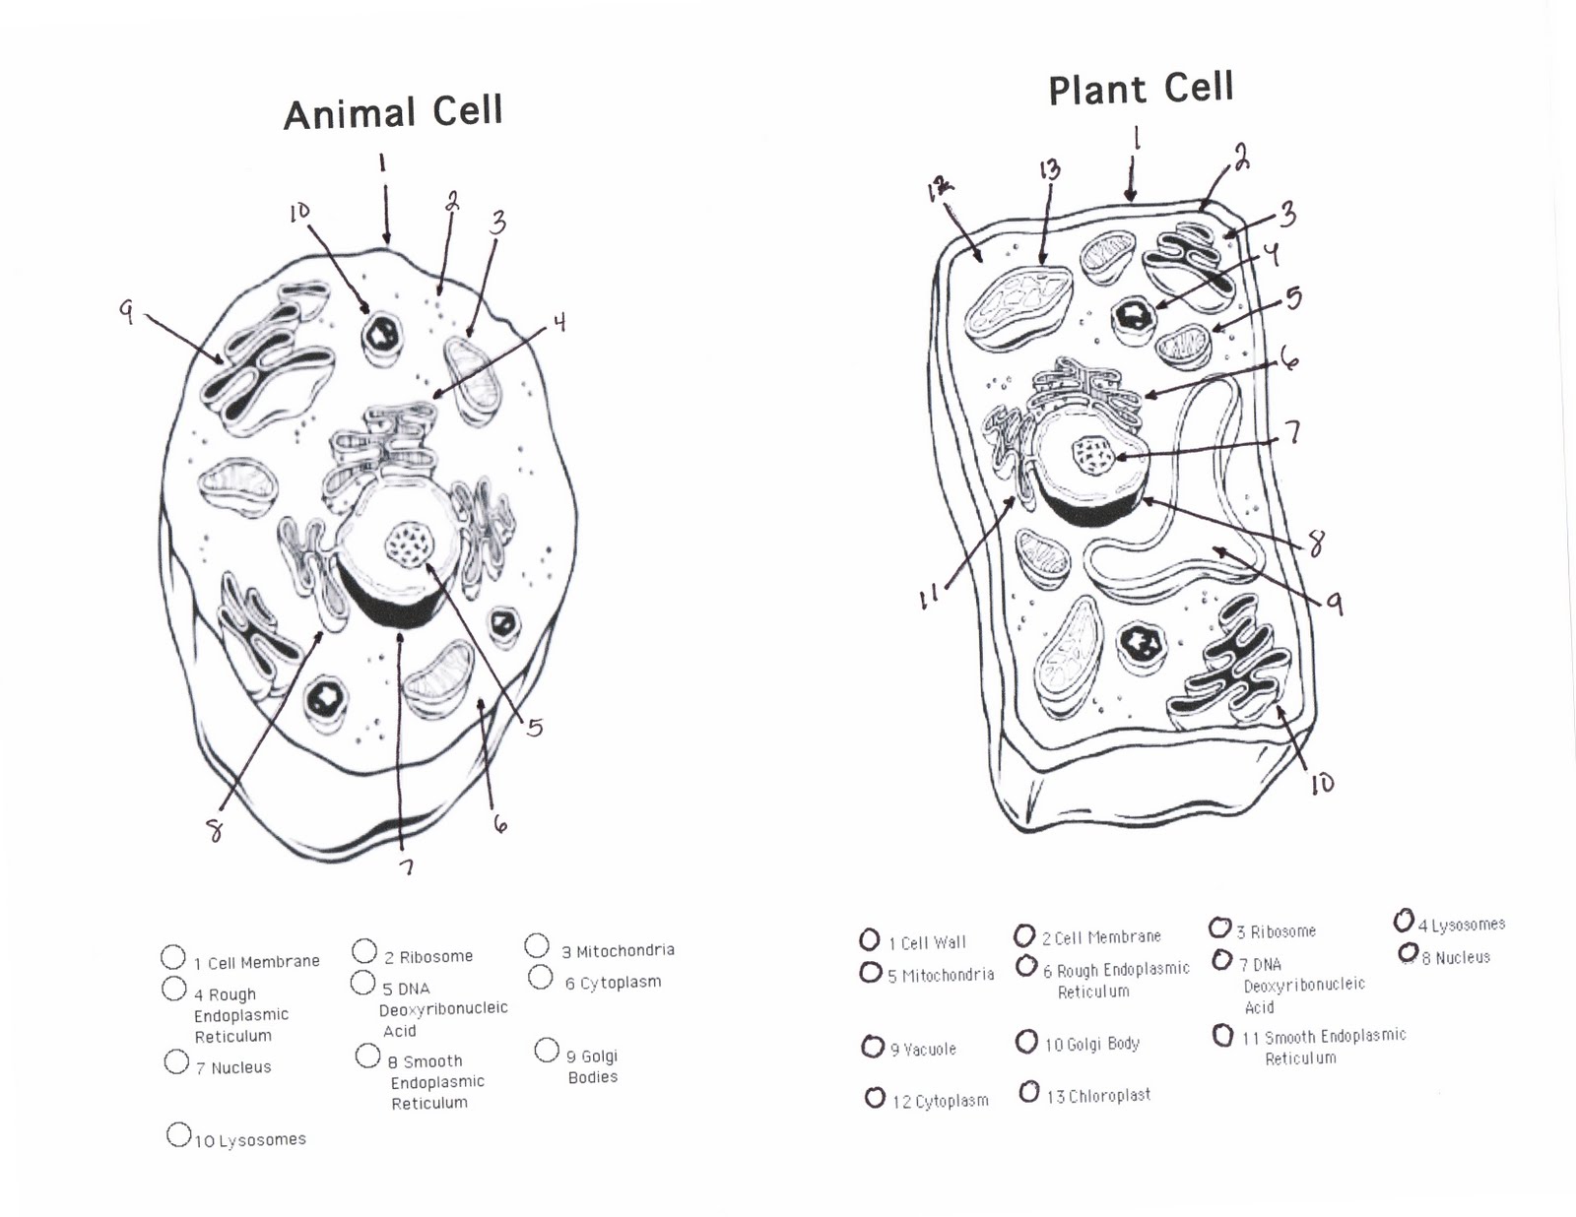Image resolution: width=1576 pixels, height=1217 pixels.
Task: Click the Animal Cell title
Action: tap(393, 112)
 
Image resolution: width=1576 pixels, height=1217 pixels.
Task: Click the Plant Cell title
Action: tap(1141, 90)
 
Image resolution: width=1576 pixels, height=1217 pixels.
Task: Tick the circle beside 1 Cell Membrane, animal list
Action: tap(172, 957)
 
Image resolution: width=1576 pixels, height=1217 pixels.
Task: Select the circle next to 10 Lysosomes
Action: tap(178, 1135)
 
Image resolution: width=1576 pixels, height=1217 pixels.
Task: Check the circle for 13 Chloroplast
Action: tap(1029, 1092)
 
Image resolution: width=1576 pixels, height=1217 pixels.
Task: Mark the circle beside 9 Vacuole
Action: tap(872, 1046)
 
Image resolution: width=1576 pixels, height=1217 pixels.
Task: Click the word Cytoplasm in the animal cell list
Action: tap(620, 983)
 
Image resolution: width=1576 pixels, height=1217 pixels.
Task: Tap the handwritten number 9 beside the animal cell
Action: tap(126, 312)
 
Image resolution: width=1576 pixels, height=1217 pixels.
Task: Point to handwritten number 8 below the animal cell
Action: tap(215, 832)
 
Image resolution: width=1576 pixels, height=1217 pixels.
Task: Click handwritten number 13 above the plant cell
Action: tap(1049, 170)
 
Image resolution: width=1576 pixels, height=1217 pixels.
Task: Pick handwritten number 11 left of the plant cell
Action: tap(928, 597)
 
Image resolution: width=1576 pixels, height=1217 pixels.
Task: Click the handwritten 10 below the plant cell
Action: tap(1322, 783)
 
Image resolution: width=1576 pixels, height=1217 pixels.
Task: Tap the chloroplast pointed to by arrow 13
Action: tap(1018, 306)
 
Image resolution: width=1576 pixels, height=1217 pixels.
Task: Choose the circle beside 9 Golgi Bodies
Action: tap(547, 1051)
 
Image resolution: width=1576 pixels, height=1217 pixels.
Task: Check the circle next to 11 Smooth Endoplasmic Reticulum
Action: tap(1223, 1035)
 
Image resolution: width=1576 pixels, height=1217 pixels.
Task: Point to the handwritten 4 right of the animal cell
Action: tap(559, 323)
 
